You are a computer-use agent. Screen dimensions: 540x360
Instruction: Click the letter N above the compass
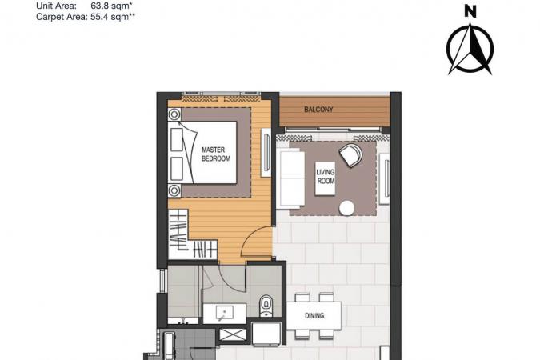click(470, 11)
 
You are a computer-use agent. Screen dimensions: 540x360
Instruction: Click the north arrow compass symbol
click(470, 49)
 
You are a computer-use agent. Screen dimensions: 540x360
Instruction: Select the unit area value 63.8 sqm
click(112, 6)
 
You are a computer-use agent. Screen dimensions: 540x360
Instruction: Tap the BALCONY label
click(318, 110)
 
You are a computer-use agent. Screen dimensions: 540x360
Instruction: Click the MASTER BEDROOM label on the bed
click(216, 154)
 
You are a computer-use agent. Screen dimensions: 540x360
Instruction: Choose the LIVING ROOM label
click(326, 176)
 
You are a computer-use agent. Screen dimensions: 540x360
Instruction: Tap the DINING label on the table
click(314, 315)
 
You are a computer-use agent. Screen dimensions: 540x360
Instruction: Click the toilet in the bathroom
click(266, 306)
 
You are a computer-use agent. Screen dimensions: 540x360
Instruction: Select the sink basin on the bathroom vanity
click(225, 313)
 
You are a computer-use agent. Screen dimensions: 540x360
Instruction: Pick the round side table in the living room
click(346, 208)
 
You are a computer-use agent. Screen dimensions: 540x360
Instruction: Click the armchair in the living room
click(350, 156)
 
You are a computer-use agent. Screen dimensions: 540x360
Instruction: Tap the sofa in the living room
click(292, 179)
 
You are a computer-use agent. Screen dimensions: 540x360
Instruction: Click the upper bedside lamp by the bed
click(174, 114)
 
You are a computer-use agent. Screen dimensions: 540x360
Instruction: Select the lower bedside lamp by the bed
click(174, 190)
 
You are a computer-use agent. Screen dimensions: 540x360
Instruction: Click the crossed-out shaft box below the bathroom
click(233, 335)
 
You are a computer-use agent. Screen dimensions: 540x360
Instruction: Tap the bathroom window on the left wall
click(163, 281)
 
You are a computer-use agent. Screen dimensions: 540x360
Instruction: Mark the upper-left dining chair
click(302, 298)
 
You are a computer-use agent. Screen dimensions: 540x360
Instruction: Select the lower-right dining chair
click(326, 334)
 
